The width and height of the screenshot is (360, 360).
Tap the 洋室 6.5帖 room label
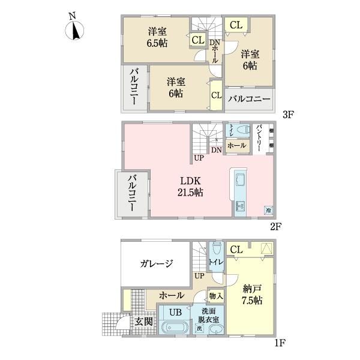[157, 37]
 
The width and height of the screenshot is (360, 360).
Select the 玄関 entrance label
[142, 321]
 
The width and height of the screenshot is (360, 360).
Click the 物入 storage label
[216, 295]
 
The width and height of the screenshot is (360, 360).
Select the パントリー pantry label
[259, 138]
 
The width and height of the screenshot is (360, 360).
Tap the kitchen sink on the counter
[239, 182]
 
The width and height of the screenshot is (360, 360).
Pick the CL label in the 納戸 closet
[236, 250]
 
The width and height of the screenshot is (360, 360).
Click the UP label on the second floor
[198, 158]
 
